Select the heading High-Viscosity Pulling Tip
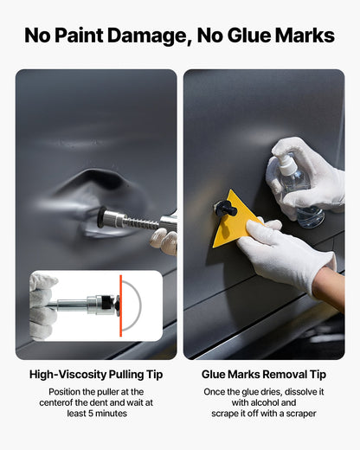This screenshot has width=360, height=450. coord(95,374)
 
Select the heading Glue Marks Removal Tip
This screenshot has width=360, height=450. coord(263,374)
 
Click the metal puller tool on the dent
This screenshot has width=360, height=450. coord(130,221)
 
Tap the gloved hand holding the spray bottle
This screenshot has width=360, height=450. coord(316,177)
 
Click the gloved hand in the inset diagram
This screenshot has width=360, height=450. coord(43,303)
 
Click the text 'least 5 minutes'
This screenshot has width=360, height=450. coord(95,414)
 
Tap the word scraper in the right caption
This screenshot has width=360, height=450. coord(296,414)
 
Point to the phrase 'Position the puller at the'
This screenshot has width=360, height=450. coord(95,391)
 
